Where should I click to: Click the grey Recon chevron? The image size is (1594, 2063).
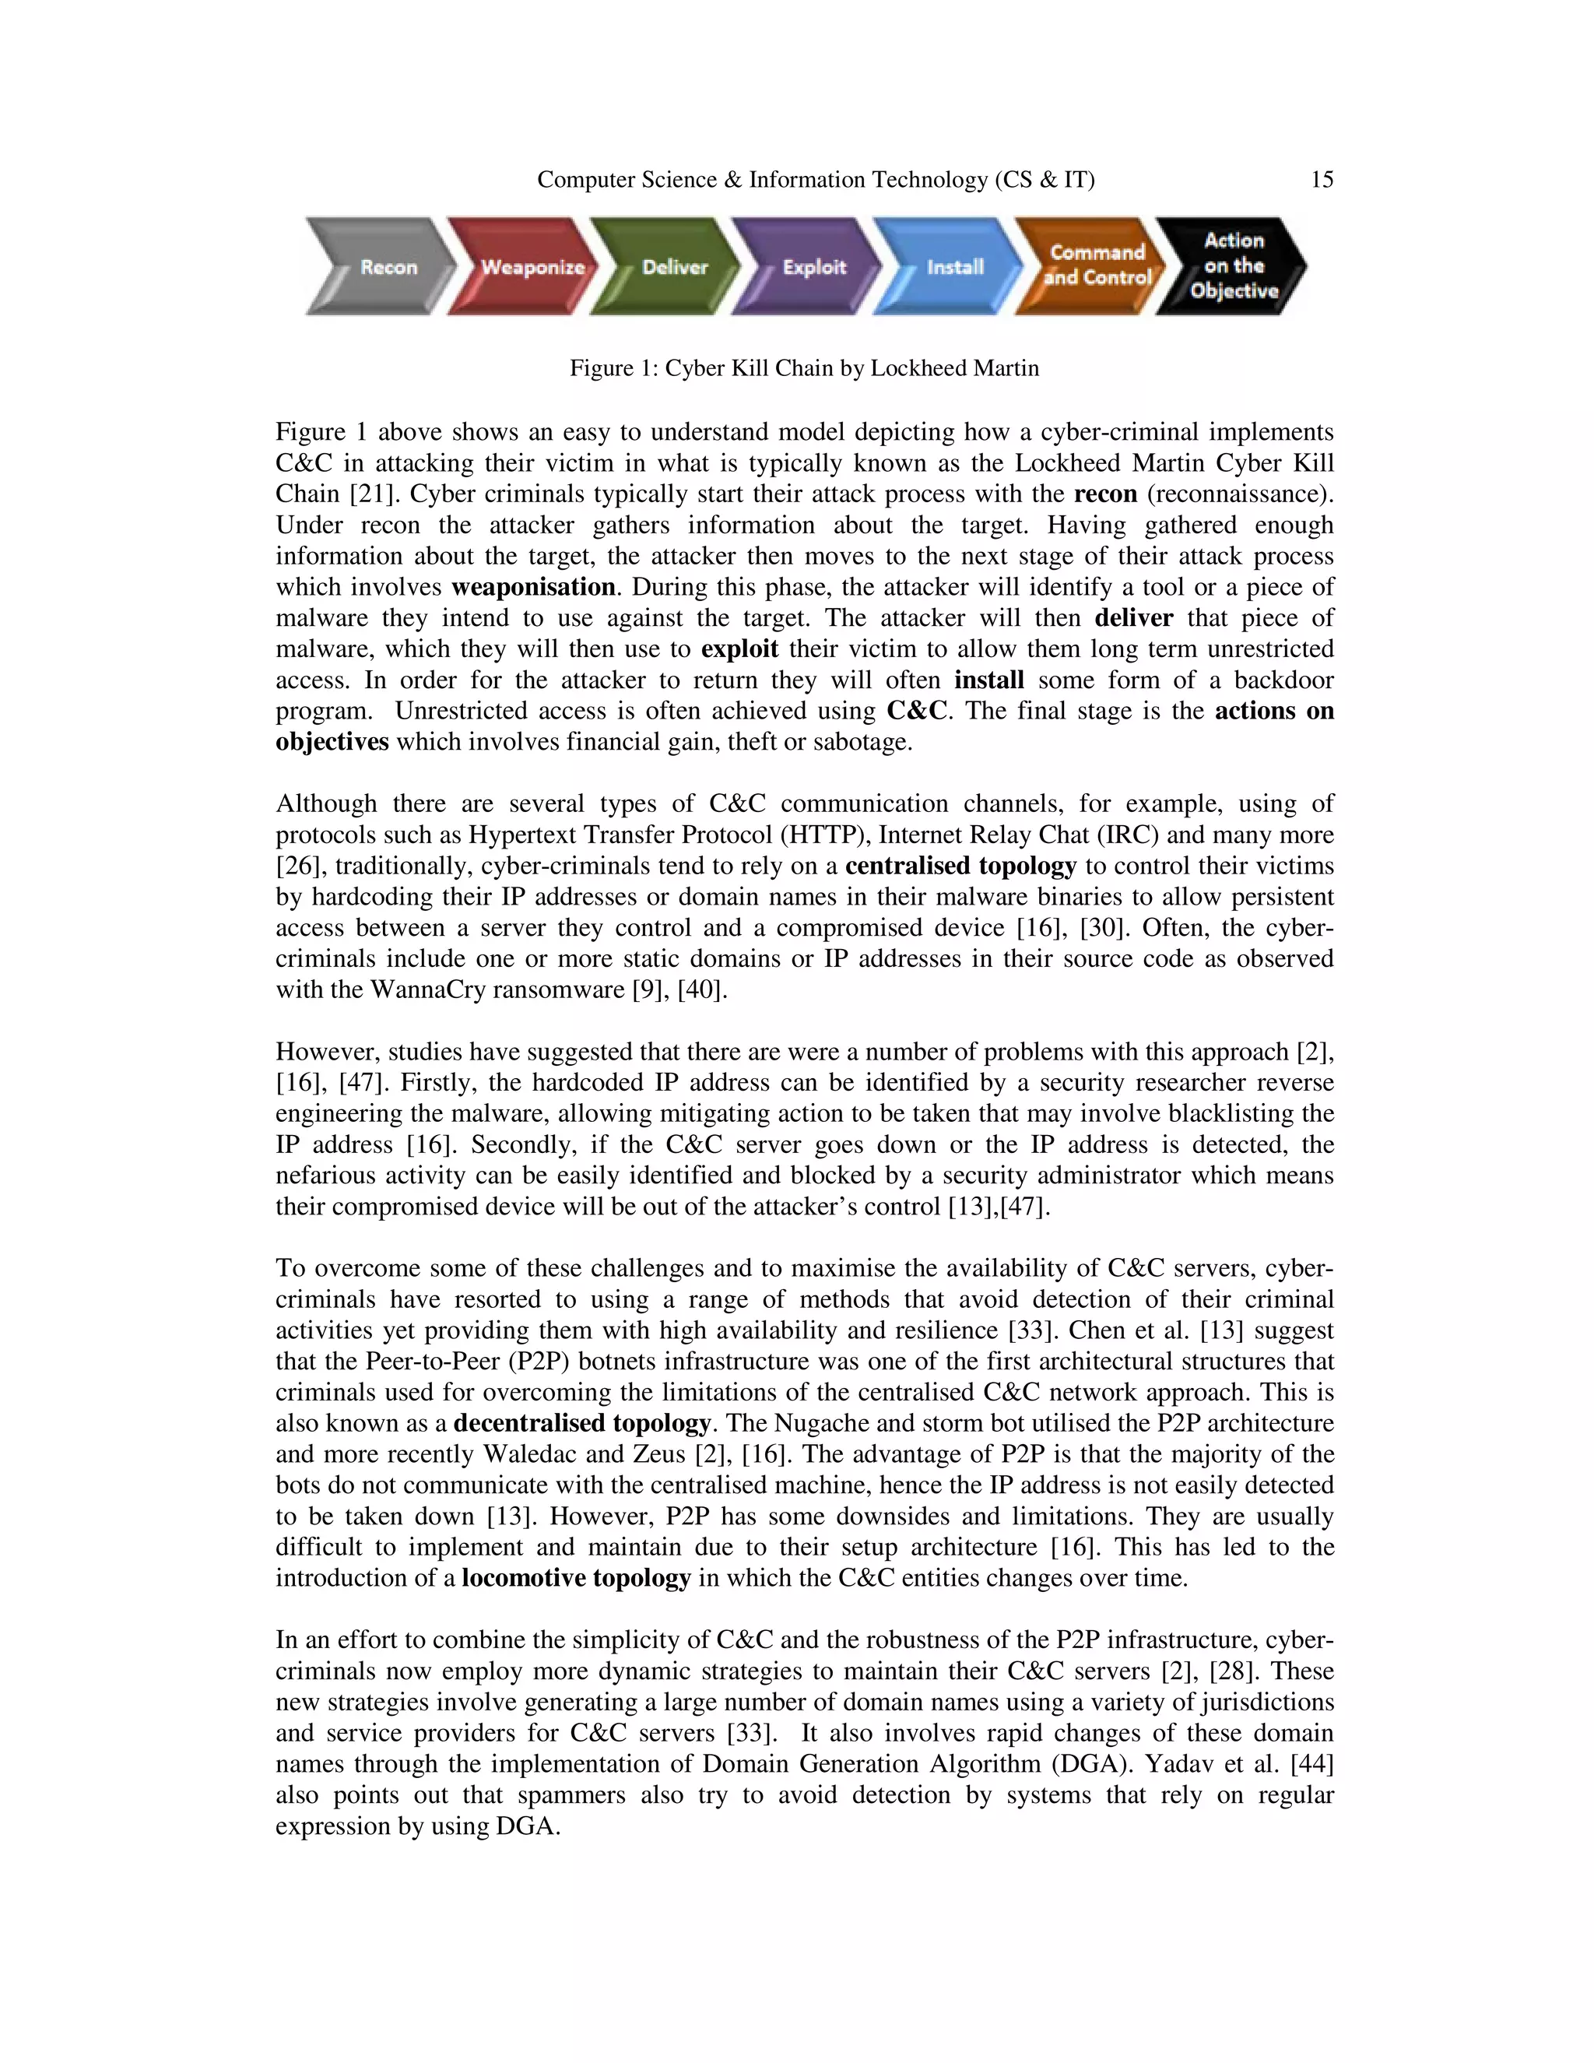tap(382, 267)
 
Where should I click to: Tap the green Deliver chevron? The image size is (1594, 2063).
tap(669, 267)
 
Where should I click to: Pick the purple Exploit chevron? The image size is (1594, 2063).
tap(810, 267)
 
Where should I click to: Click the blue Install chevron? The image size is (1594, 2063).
tap(952, 267)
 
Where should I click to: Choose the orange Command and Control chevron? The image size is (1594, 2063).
tap(1094, 265)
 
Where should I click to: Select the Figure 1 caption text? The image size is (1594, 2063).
tap(803, 368)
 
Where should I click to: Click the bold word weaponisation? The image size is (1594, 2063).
tap(532, 588)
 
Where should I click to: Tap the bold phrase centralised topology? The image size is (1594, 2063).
tap(960, 866)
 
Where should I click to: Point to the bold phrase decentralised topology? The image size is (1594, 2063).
tap(581, 1424)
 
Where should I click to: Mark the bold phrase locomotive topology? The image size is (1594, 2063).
tap(576, 1579)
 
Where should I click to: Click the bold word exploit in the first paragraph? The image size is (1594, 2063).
tap(739, 649)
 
